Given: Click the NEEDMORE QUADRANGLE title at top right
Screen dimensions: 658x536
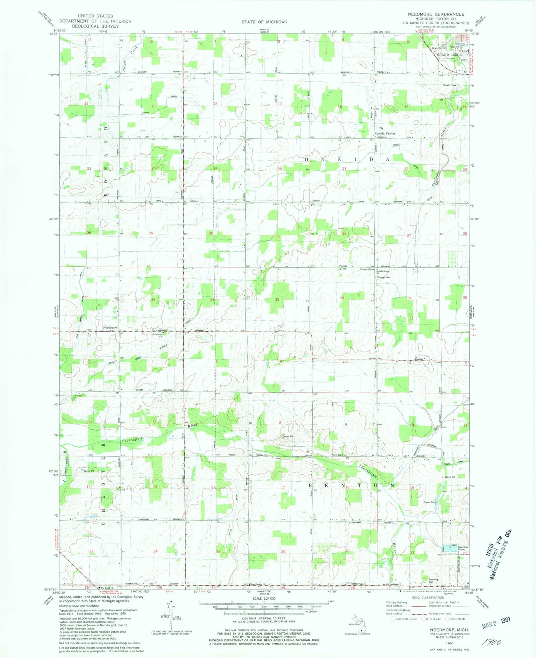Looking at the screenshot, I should (435, 14).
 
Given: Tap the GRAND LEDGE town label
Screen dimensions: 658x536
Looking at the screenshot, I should (450, 55).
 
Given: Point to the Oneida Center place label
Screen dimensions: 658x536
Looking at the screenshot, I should (385, 133).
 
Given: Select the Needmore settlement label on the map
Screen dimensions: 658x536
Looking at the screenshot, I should (110, 328).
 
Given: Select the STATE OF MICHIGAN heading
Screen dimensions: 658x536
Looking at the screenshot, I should (264, 22).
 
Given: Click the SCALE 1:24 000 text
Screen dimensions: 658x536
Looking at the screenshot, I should (264, 599).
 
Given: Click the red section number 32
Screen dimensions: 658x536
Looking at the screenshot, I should (277, 299).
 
